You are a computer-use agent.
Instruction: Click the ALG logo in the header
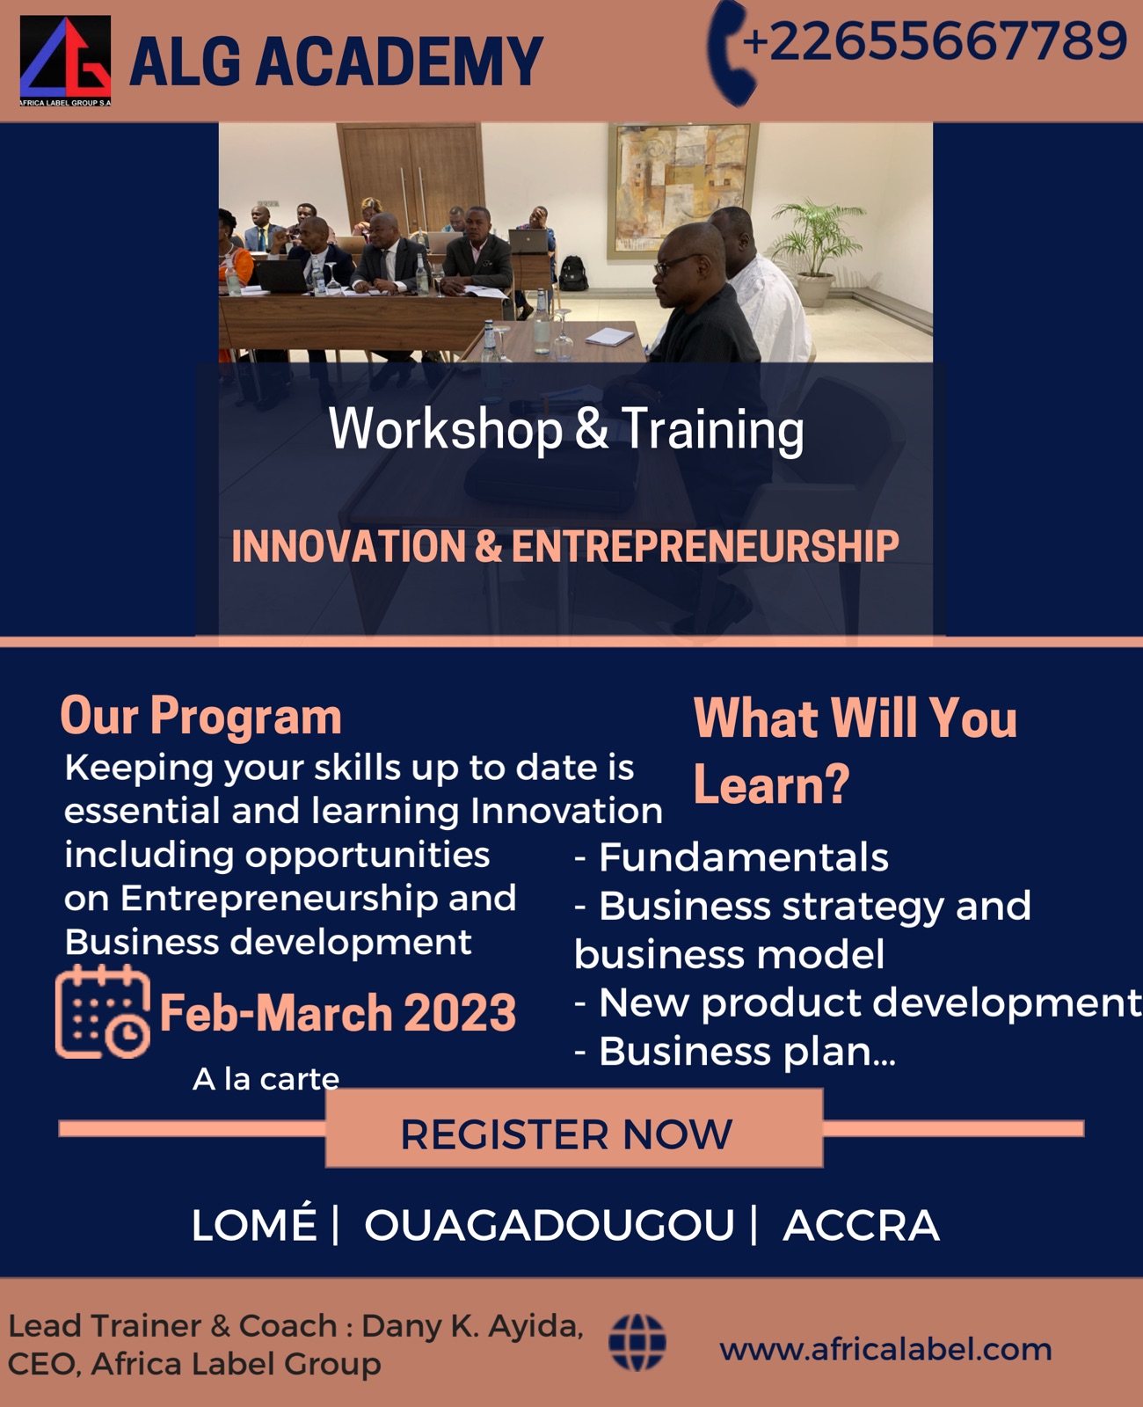65,61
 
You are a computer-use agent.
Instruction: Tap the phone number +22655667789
935,41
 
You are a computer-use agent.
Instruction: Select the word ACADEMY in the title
399,62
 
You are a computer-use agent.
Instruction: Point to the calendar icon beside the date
102,1012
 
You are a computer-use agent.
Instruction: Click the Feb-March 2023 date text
338,1013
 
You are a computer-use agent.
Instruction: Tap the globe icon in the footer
637,1343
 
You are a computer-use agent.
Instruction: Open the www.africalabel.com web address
885,1349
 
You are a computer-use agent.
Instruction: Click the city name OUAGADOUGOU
550,1225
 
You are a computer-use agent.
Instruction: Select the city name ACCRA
861,1225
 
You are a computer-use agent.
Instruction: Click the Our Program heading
200,716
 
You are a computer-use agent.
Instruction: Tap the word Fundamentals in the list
744,857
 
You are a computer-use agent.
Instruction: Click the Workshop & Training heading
566,429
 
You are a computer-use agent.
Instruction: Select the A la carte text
266,1079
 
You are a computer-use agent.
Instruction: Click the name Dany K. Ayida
471,1326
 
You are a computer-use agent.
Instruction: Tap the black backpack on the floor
573,273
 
